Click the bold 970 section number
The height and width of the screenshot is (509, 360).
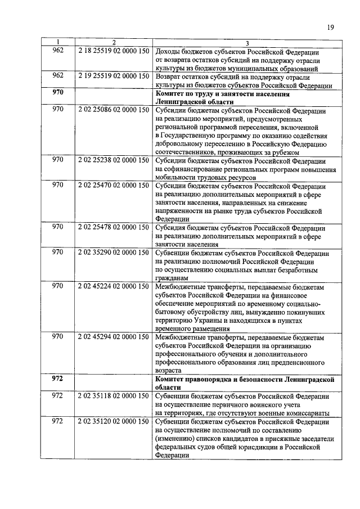click(57, 91)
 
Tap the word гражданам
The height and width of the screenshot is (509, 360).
click(172, 278)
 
